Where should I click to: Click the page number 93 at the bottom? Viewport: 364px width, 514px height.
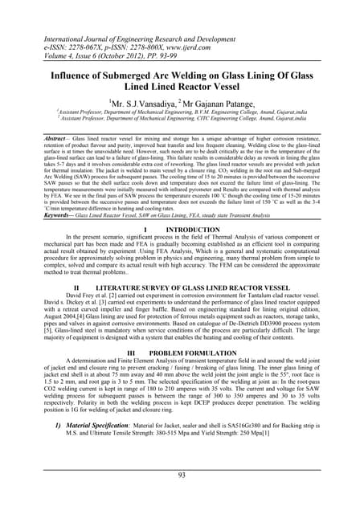click(182, 477)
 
